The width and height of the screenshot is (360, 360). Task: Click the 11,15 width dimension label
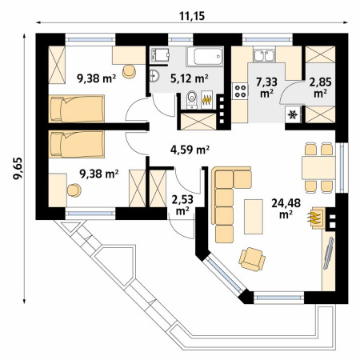point(192,16)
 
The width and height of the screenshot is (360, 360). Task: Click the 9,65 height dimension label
point(19,168)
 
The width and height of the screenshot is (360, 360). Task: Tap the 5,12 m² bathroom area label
point(189,78)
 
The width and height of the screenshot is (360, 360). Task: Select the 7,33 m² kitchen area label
point(266,87)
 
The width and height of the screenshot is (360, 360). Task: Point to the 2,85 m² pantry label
point(320,87)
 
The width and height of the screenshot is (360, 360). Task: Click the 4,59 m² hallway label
point(190,150)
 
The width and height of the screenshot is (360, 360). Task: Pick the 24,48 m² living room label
point(286,208)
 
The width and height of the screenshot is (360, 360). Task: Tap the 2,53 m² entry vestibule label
point(182,205)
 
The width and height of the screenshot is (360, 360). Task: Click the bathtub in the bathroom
point(205,56)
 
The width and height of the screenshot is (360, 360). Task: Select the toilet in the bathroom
point(192,99)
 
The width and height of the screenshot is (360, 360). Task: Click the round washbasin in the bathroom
point(154,75)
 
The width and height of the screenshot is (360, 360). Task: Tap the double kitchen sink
point(264,56)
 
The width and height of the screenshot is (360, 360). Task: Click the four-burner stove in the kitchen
point(240,91)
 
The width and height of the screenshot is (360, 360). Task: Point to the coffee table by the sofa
point(254,217)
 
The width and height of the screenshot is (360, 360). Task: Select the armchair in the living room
point(252,259)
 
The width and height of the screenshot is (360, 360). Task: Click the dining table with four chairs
point(318,168)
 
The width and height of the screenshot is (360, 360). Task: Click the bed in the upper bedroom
point(76,109)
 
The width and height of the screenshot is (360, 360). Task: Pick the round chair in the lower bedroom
point(74,190)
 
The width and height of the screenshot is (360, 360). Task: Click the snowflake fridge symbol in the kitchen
point(293,114)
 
